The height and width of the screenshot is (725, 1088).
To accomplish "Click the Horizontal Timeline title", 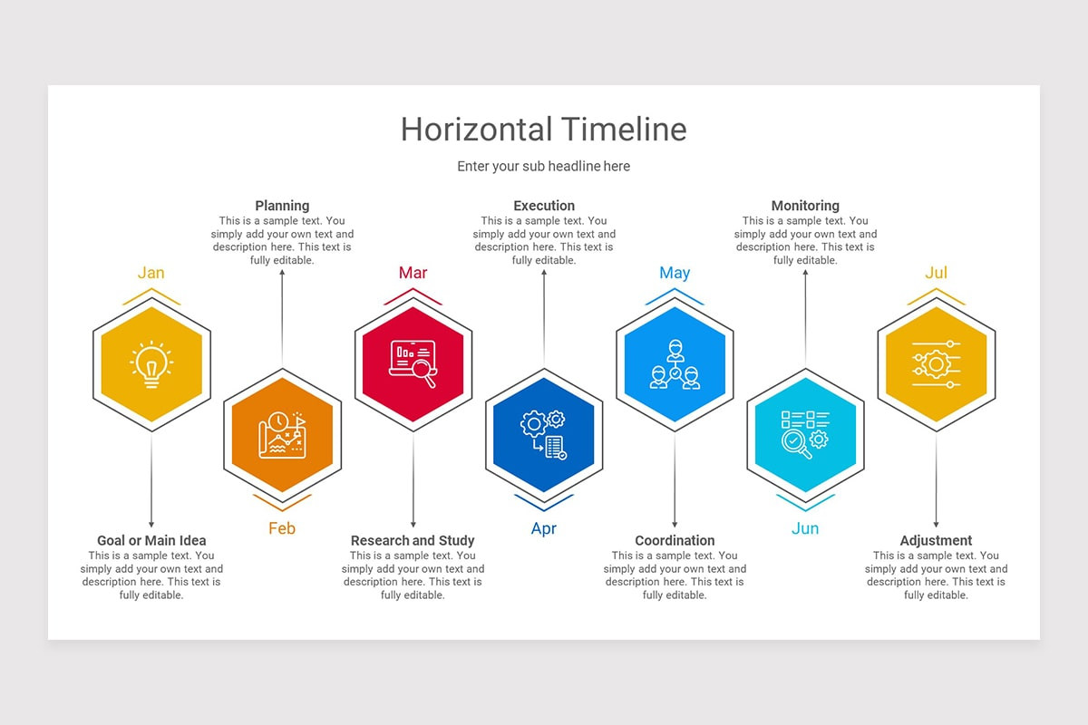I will [543, 129].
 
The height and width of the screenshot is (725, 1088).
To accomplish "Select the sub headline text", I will [543, 167].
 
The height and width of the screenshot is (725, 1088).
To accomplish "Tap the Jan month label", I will [151, 273].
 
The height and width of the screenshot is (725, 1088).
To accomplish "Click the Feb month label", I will [282, 528].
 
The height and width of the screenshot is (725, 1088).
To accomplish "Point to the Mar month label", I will [413, 273].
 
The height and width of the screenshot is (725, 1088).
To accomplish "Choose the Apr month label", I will [543, 528].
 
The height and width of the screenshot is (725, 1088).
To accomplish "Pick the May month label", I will [675, 273].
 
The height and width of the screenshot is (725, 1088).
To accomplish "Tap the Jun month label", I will [805, 528].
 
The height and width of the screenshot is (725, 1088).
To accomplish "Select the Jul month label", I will [936, 273].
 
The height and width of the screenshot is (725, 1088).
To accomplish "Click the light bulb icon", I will [151, 364].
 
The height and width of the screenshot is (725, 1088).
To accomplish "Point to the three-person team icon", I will [675, 364].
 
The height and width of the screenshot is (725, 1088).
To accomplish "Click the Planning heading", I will [282, 206].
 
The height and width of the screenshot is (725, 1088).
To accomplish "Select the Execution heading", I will [544, 206].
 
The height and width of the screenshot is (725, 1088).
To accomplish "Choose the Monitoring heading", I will [805, 206].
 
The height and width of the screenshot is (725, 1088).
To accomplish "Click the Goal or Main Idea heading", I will [151, 541].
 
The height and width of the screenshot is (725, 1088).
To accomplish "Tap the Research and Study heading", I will [413, 541].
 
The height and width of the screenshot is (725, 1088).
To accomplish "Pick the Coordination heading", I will [675, 541].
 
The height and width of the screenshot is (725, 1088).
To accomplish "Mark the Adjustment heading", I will [936, 541].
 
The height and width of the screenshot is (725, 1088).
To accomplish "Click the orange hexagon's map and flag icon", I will [282, 435].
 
